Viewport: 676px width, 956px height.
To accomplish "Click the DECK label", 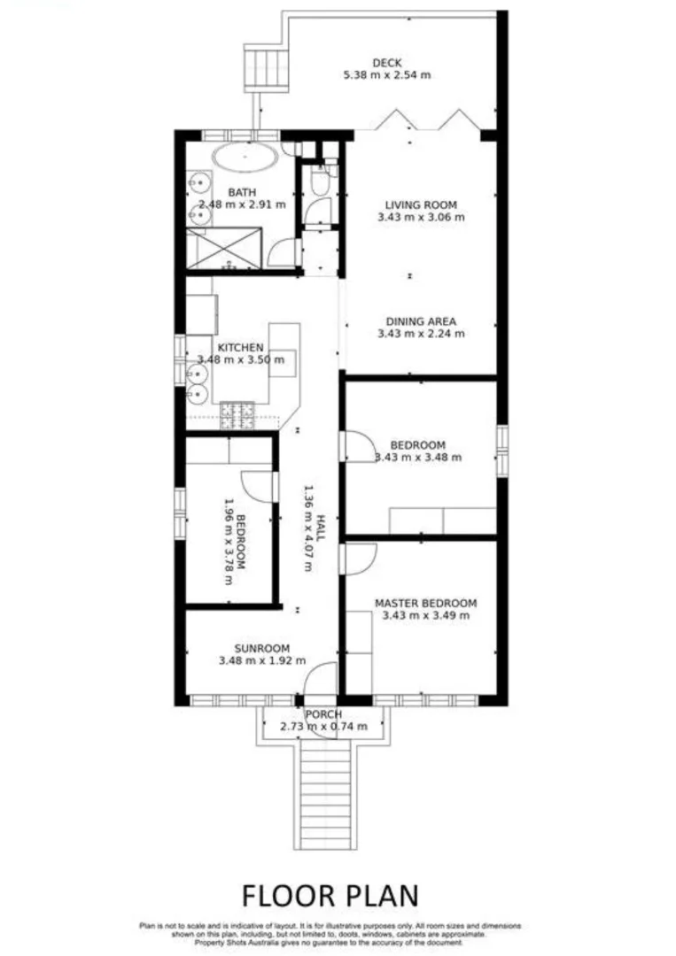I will coord(386,63).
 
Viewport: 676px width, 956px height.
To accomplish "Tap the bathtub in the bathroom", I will coord(245,158).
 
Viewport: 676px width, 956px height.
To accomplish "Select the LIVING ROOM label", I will coord(408,204).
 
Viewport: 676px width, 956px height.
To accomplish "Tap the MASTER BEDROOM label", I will coord(425,602).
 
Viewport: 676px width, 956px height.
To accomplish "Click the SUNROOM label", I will coord(261,647).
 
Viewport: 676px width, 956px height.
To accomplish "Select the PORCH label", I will coord(323,714).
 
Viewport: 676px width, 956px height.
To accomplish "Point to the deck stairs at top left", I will coord(267,67).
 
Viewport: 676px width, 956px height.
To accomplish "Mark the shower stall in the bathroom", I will coord(224,248).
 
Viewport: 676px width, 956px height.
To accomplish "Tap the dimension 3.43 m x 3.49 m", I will coord(425,615).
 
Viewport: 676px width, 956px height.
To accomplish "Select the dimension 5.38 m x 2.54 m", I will coord(387,75).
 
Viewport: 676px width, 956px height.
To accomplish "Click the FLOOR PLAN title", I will coord(330,894).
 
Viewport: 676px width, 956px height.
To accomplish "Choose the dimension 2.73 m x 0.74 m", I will coord(323,727).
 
